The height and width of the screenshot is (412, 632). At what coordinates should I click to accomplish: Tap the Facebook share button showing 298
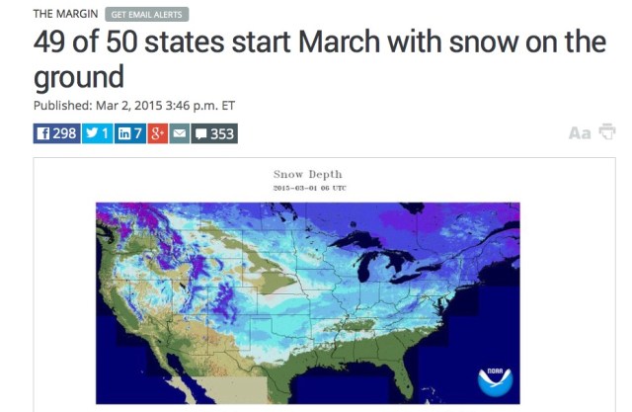click(57, 133)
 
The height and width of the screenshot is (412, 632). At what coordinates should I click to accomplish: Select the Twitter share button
click(98, 133)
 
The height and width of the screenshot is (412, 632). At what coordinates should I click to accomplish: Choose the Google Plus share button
click(157, 133)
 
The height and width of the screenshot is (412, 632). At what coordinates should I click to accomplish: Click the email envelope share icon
click(179, 133)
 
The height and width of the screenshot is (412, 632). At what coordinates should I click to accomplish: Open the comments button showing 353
click(214, 133)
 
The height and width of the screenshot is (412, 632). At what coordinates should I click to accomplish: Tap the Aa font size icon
click(579, 133)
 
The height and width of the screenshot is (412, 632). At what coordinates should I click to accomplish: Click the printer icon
click(607, 133)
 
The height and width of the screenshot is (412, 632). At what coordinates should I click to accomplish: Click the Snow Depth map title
click(308, 175)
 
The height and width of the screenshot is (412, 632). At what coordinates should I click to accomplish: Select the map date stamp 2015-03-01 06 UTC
click(309, 188)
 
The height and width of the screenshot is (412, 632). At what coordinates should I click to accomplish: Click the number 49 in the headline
click(50, 44)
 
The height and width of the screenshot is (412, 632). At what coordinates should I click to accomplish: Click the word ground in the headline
click(79, 77)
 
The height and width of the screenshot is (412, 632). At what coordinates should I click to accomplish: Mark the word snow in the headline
click(478, 44)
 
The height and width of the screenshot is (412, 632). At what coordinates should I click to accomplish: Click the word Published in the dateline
click(63, 106)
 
